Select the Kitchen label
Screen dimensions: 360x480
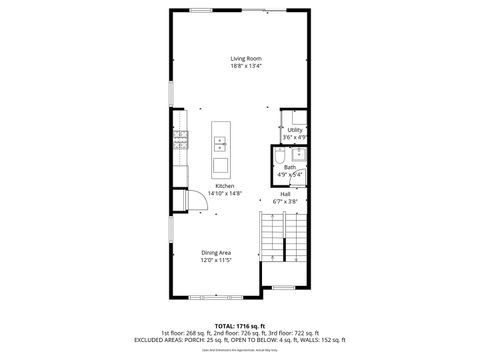(x=224, y=185)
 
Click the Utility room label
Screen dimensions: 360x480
(x=294, y=130)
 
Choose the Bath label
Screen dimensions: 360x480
(x=289, y=167)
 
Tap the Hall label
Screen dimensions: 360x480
(x=285, y=193)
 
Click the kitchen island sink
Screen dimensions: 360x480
(x=221, y=148)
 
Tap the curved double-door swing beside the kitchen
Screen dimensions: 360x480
(x=181, y=201)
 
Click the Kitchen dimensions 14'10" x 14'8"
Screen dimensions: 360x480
(x=224, y=193)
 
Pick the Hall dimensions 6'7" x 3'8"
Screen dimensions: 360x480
(x=285, y=201)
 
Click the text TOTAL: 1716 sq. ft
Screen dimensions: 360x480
(x=240, y=325)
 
